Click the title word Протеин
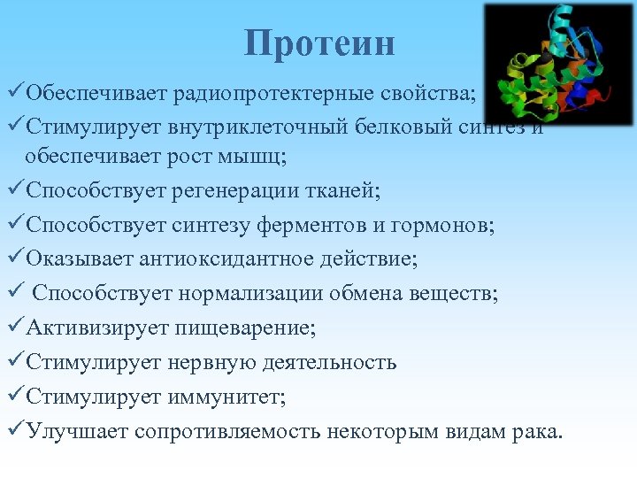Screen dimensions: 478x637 pos(319,43)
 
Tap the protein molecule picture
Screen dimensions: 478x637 pos(558,63)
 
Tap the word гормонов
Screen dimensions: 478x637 pos(440,226)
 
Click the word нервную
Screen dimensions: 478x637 pos(219,362)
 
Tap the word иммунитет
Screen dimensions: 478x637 pos(225,397)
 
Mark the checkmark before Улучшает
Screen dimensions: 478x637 pos(15,430)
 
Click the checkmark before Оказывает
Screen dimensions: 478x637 pos(15,258)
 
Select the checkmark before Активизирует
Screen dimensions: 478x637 pos(15,327)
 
